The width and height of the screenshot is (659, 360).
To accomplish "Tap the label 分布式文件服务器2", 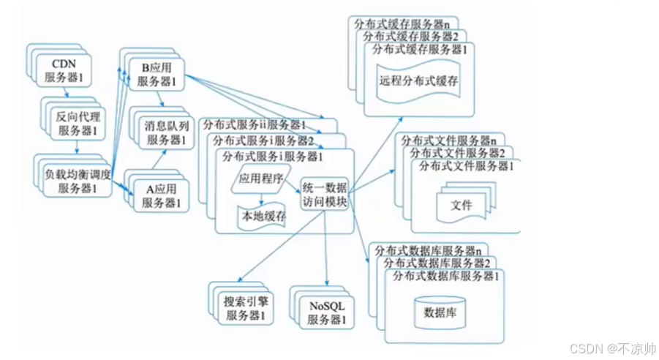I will [458, 153].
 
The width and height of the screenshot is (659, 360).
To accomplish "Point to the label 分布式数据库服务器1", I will [446, 276].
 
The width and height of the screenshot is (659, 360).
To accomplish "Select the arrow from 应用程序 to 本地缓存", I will [262, 198].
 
